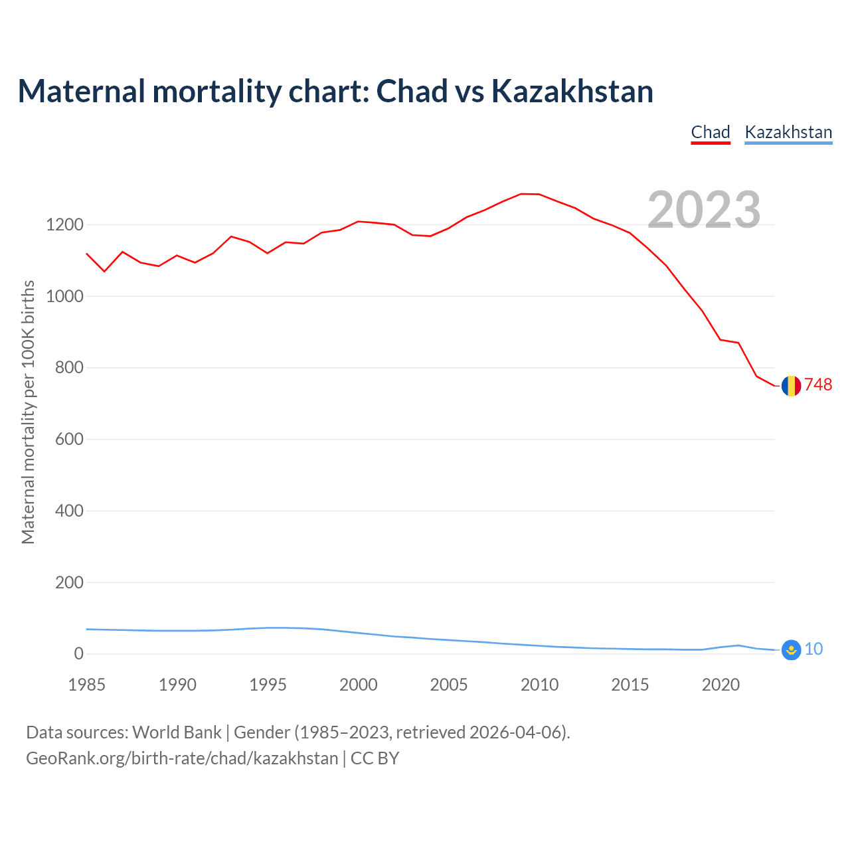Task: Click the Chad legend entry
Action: pos(711,132)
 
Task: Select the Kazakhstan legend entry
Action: pos(788,132)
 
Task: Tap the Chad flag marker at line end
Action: pos(791,386)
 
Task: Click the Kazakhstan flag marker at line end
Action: pos(791,650)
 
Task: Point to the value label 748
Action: pos(818,385)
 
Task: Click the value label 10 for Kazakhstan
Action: pos(813,649)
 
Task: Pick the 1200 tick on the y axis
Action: pos(64,225)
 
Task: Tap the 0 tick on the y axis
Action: pos(79,654)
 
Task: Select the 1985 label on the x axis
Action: pos(87,685)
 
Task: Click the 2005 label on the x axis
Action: pos(449,685)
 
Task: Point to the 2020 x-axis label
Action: pos(721,685)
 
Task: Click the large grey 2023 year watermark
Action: pos(704,210)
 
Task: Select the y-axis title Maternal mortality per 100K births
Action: pos(28,412)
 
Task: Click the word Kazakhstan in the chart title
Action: pos(572,92)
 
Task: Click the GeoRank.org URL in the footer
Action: pos(182,758)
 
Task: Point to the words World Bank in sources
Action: pos(177,732)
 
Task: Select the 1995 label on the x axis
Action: pos(268,685)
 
